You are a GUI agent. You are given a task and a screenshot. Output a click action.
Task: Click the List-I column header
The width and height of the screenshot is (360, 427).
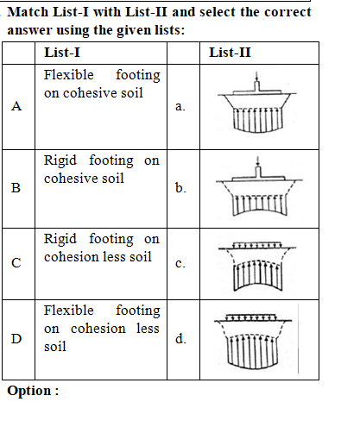62,53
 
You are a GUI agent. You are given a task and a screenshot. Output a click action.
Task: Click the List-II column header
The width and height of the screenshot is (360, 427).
230,53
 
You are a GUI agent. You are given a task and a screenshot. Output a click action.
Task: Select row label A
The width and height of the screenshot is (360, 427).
16,106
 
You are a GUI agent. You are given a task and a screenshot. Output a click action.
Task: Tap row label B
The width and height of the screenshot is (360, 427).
16,188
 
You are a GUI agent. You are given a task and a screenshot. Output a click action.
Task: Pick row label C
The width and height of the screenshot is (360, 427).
16,263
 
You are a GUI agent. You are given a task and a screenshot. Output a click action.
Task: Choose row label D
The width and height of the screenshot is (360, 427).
16,339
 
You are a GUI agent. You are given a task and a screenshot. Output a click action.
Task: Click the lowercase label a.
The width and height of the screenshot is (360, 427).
180,106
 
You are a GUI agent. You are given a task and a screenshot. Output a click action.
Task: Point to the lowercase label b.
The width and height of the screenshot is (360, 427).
180,187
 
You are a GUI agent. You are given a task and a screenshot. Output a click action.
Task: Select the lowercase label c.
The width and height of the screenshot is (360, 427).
180,263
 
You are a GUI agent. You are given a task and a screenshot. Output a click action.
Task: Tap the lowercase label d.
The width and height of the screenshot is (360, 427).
180,338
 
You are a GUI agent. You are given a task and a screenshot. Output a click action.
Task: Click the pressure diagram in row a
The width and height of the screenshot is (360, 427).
257,103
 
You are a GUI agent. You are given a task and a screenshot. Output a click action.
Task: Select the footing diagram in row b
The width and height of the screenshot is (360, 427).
259,186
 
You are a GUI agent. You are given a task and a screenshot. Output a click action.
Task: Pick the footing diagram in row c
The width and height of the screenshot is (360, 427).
257,266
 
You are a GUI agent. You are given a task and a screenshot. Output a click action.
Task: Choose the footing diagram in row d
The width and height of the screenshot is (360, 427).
253,342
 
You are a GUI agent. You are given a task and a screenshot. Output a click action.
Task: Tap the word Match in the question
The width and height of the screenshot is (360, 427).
28,12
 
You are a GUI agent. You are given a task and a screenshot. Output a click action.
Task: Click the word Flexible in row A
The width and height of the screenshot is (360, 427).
69,75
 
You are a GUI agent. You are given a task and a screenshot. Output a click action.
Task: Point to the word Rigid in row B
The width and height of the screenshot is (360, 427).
60,160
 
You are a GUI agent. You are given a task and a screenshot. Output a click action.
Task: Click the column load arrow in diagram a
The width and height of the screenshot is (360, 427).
257,77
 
